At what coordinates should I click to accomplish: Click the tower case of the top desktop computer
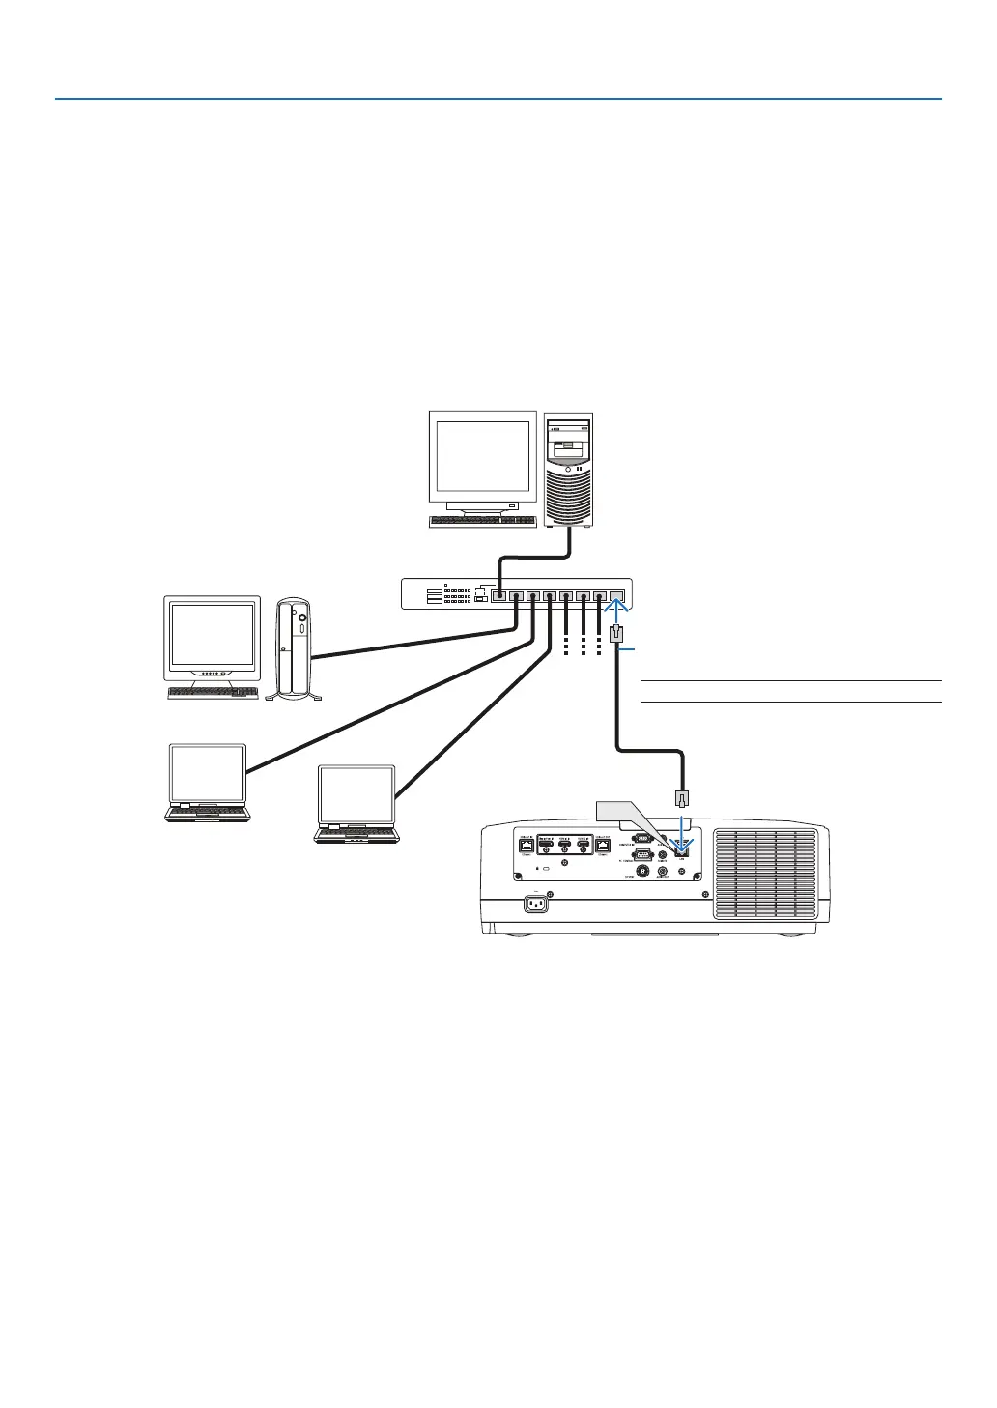click(568, 470)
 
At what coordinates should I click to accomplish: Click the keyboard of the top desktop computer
click(482, 521)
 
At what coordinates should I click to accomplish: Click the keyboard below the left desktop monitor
click(214, 693)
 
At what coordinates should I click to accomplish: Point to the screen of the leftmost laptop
click(208, 773)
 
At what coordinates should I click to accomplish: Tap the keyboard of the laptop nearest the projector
click(356, 834)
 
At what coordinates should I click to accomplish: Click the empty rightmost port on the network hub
click(617, 595)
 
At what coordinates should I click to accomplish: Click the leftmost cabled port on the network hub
click(498, 595)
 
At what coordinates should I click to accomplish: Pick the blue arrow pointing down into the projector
click(683, 833)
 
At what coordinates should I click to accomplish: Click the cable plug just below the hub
click(617, 637)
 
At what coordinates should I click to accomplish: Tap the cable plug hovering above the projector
click(680, 798)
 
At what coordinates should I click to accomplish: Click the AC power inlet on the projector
click(535, 905)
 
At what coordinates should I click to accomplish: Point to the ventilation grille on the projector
click(763, 875)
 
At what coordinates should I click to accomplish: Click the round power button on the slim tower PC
click(302, 617)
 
